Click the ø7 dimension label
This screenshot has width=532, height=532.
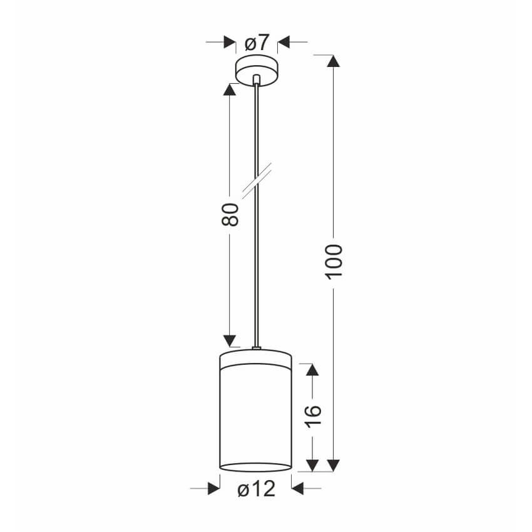point(257,43)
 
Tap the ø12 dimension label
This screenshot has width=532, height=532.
point(257,489)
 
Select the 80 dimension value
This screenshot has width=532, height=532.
point(230,215)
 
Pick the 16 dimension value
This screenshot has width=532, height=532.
point(312,416)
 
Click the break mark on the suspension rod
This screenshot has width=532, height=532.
point(257,181)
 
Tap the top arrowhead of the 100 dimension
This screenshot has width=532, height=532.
point(334,61)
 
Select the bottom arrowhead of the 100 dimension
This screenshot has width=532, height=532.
point(334,466)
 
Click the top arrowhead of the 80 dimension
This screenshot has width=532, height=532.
point(230,90)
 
